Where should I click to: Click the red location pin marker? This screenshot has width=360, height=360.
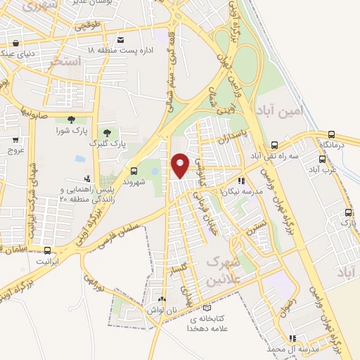(181, 165)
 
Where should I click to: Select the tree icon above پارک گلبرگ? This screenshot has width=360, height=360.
(107, 131)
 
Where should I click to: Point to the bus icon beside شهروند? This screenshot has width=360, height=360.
(134, 171)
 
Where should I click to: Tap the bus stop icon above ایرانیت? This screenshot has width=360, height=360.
(48, 250)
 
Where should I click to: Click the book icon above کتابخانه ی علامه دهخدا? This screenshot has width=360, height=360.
(206, 307)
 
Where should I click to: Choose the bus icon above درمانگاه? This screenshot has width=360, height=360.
(332, 134)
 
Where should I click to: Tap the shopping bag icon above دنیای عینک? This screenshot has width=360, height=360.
(15, 40)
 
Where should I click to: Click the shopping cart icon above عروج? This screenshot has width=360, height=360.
(15, 140)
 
